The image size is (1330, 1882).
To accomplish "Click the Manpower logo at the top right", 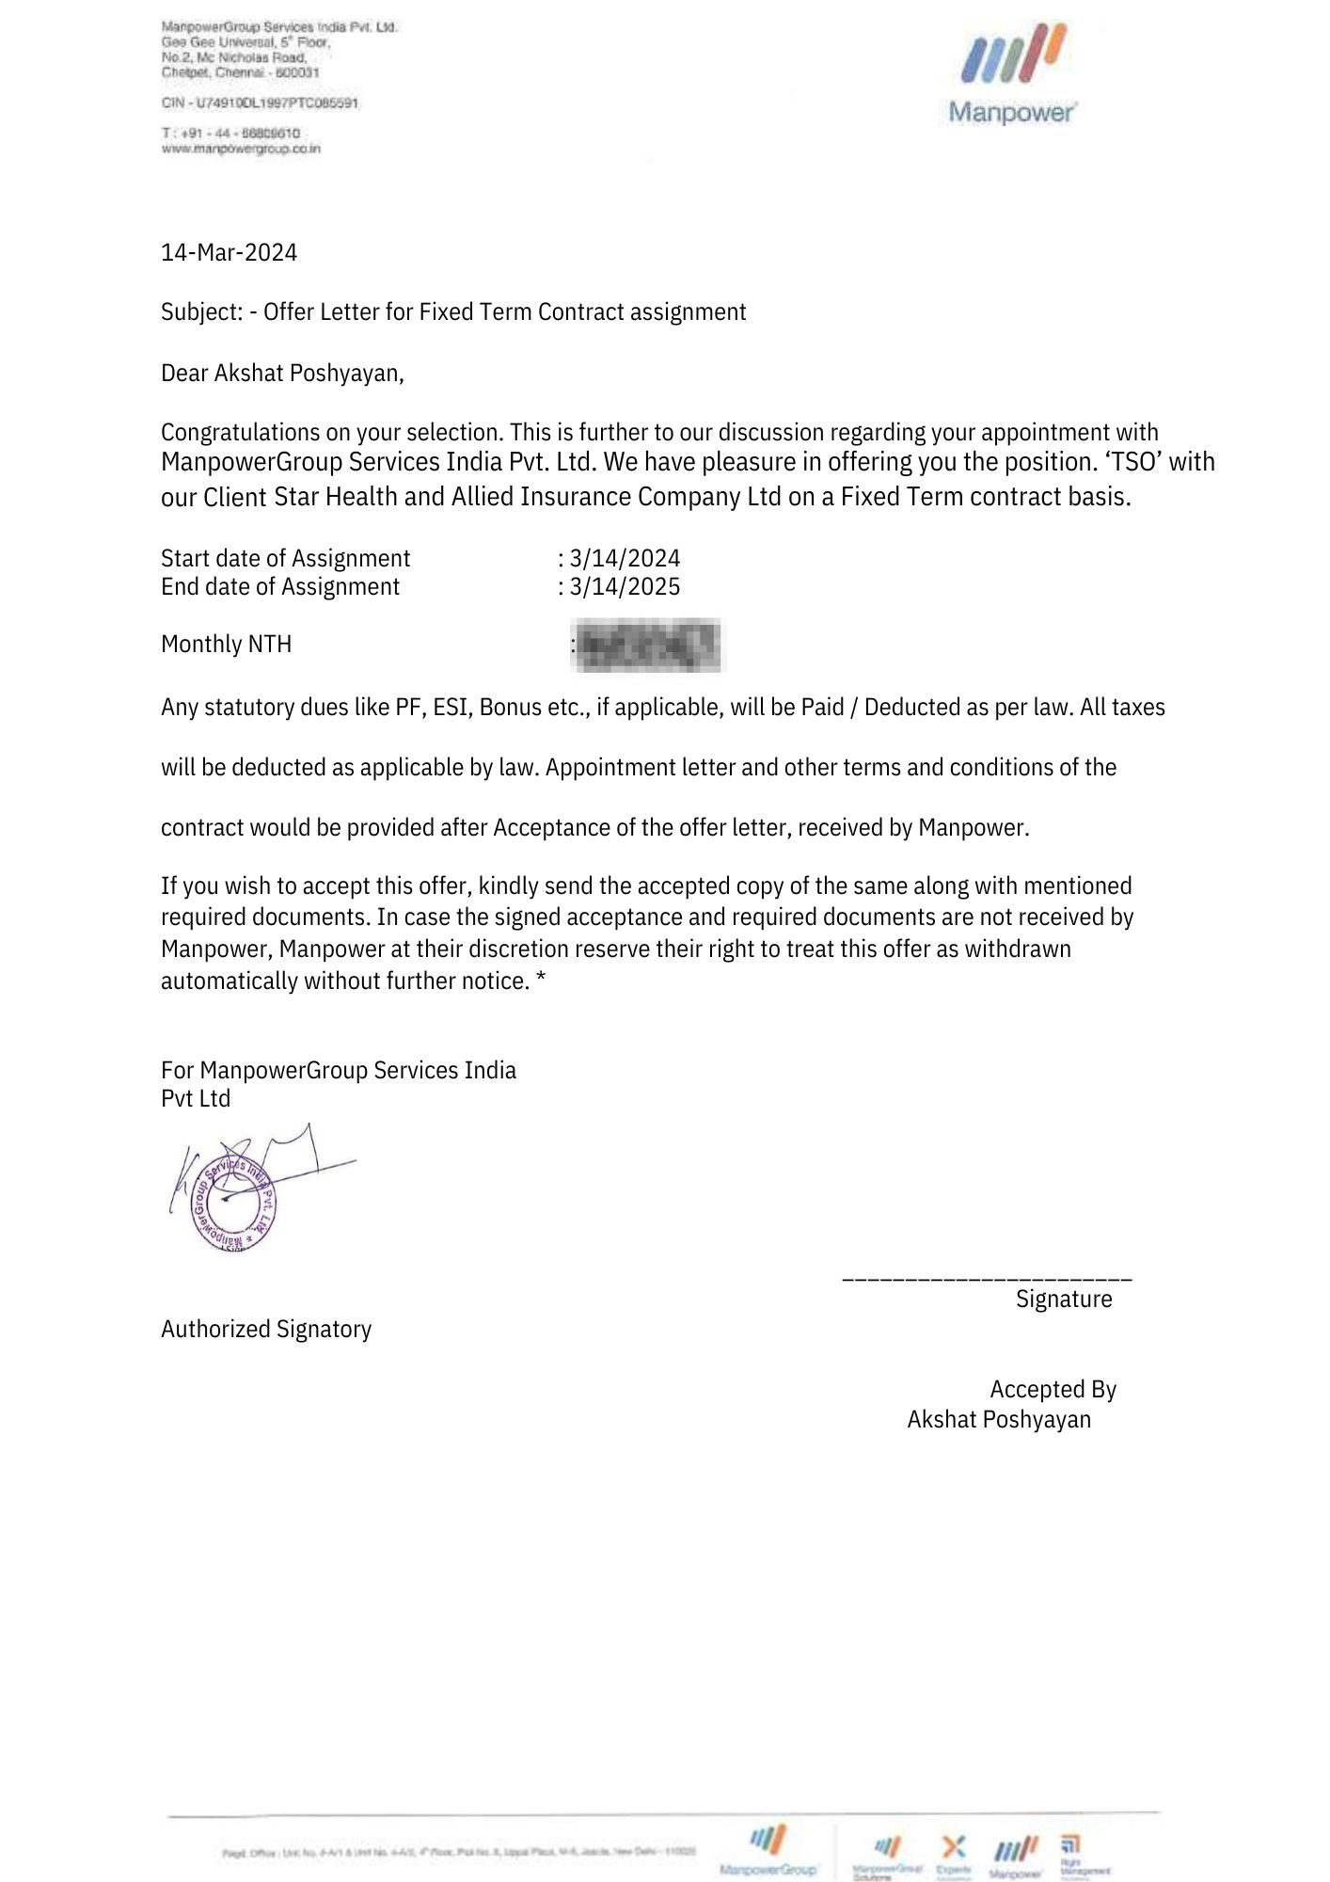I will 1012,75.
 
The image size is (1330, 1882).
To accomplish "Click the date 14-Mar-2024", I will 229,252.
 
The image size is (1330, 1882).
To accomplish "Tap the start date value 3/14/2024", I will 625,558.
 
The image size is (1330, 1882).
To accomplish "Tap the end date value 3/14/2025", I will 625,586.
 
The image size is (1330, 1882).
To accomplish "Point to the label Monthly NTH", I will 226,645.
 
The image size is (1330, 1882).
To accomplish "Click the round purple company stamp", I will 234,1203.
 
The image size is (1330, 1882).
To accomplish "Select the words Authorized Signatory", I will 266,1329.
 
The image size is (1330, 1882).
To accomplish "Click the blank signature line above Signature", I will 987,1279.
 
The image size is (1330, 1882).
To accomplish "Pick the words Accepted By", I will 1053,1389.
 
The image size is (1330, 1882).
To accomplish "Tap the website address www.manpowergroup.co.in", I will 241,149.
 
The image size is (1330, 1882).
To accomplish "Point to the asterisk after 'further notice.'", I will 541,980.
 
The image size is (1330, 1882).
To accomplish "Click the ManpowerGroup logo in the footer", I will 768,1850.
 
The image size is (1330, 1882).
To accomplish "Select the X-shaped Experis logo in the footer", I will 954,1846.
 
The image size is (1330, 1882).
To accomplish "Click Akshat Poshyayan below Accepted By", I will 999,1419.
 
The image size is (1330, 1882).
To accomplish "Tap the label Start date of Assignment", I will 285,558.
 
